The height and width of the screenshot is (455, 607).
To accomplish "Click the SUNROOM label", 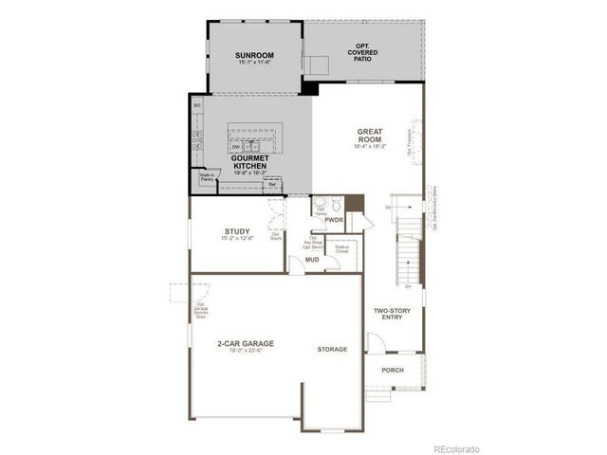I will tap(253, 55).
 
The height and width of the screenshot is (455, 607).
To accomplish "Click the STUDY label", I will tap(237, 231).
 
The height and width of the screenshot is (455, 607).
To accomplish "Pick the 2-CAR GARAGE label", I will tap(245, 343).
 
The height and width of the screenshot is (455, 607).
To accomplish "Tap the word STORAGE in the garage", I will tap(332, 349).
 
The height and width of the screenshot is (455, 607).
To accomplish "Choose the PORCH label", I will tap(393, 370).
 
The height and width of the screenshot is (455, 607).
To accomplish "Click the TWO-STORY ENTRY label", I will tap(391, 314).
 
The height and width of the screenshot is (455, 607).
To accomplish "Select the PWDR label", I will tap(333, 219).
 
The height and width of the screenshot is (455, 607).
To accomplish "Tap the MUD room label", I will tap(311, 258).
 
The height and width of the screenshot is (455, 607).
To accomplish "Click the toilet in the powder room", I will tap(335, 203).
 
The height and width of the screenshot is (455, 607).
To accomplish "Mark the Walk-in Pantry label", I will tap(206, 177).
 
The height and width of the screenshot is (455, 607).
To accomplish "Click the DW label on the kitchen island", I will tap(235, 147).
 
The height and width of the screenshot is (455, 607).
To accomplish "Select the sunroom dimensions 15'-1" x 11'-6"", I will tap(253, 63).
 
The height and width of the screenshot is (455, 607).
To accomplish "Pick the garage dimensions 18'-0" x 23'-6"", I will tap(245, 351).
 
